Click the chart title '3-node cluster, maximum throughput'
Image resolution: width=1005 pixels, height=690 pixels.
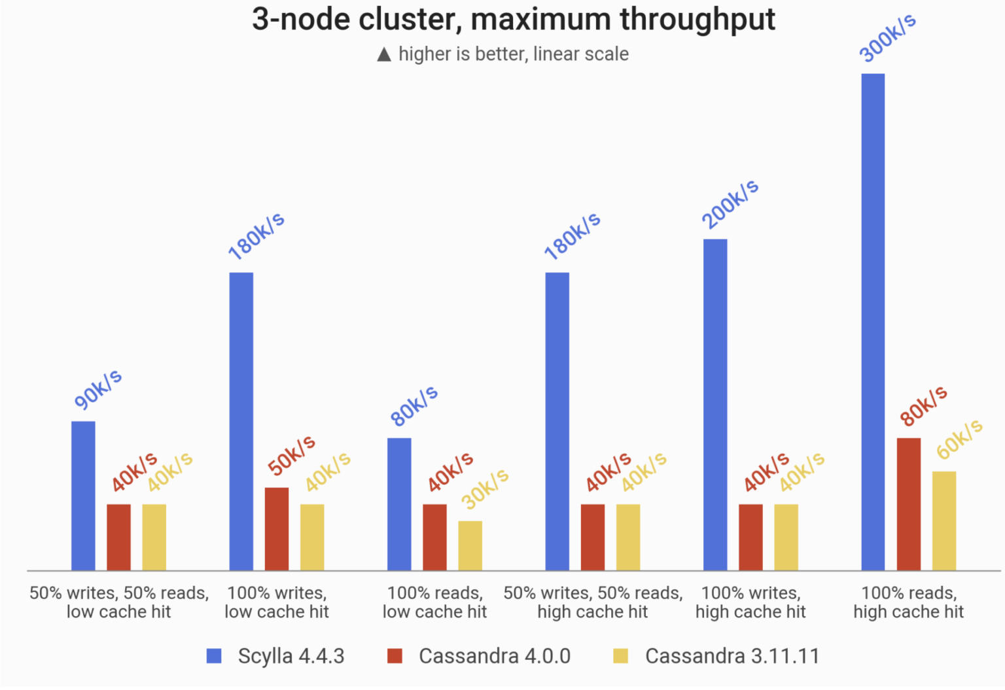(x=513, y=20)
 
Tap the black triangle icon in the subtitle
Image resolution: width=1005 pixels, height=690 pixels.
(x=384, y=55)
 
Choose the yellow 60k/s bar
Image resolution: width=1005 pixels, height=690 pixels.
(x=943, y=521)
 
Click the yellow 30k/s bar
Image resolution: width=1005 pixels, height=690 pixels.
(x=470, y=545)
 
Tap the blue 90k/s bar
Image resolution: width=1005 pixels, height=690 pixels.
(x=83, y=495)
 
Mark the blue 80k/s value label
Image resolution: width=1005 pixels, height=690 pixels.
(x=414, y=406)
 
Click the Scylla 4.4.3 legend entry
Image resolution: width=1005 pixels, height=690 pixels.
(x=291, y=656)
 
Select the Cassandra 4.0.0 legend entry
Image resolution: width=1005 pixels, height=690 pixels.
(x=494, y=656)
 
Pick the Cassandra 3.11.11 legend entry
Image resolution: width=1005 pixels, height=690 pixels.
(x=732, y=656)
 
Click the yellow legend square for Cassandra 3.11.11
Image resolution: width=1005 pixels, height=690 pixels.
(x=620, y=656)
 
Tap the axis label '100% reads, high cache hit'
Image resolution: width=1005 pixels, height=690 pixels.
(x=908, y=602)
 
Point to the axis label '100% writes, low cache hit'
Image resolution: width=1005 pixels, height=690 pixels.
(x=277, y=602)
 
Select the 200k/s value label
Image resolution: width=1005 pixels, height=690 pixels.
(x=730, y=204)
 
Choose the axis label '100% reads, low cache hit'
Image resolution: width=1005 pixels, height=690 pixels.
(x=434, y=602)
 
